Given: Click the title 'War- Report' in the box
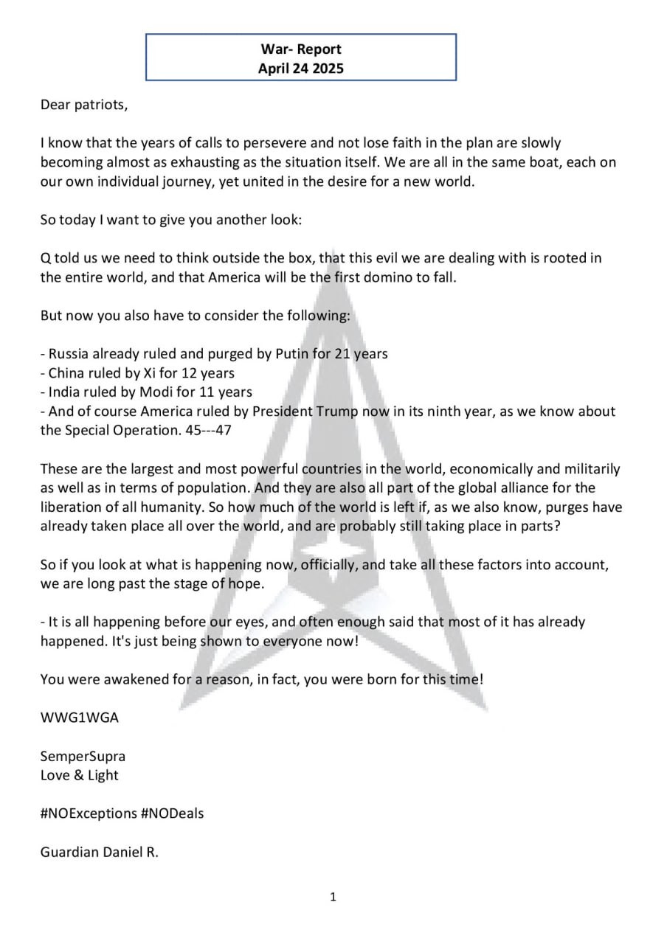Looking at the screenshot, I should pos(300,49).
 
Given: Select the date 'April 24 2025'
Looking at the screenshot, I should pos(300,69).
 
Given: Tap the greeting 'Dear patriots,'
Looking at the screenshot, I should pos(84,105).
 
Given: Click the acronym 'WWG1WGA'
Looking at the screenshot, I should pos(79,718).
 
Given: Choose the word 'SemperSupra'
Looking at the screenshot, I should pos(83,756).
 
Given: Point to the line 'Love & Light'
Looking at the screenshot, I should pos(79,775).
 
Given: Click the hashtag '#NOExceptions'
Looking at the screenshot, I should pos(86,813).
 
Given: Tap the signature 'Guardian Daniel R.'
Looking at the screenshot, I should pos(100,852).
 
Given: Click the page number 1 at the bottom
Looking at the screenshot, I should pos(333,897).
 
